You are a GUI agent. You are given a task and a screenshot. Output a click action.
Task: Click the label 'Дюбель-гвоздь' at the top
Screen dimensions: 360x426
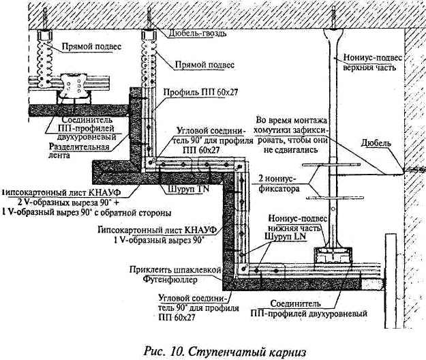click(196, 33)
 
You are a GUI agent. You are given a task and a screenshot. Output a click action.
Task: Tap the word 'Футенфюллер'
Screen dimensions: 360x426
click(189, 280)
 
